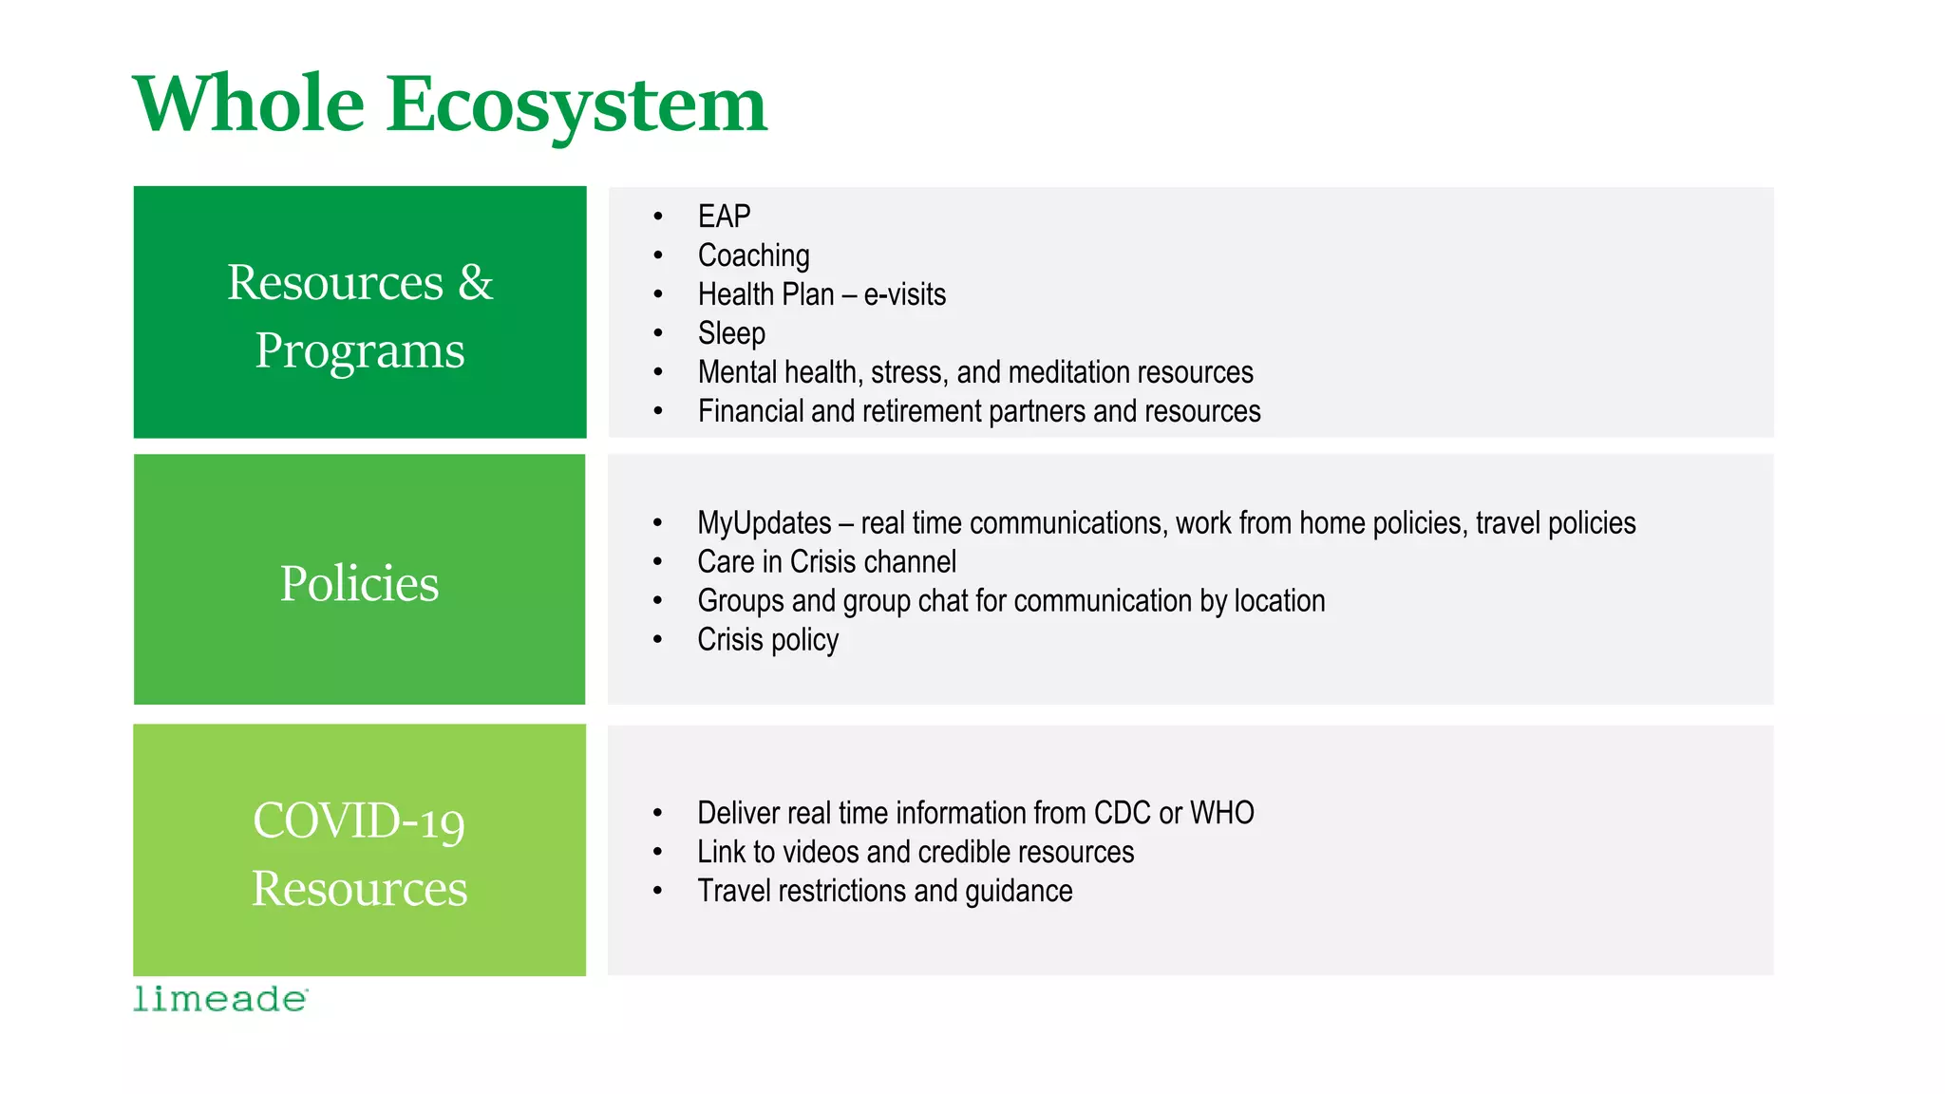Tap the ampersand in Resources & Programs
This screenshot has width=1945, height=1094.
coord(475,283)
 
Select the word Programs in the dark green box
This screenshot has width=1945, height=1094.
coord(360,351)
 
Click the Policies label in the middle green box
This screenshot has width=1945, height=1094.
coord(359,583)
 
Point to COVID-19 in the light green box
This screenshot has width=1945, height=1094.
coord(359,820)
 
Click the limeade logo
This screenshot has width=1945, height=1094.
coord(220,999)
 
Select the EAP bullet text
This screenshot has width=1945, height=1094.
coord(724,217)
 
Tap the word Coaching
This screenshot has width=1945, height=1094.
coord(753,255)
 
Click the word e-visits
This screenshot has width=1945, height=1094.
coord(904,294)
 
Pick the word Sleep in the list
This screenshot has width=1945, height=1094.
coord(731,333)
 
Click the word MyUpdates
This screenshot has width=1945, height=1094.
coord(764,523)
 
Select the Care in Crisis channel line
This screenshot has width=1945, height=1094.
coord(826,562)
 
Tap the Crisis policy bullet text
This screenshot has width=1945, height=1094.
coord(767,640)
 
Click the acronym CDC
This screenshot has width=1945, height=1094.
coord(1122,813)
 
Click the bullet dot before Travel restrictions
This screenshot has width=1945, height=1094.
coord(657,891)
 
